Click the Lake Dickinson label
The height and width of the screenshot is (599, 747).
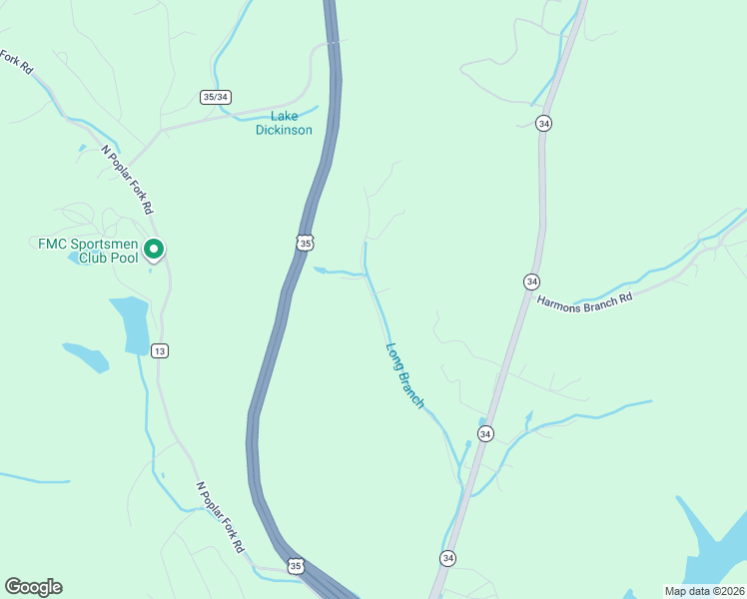pyautogui.click(x=284, y=123)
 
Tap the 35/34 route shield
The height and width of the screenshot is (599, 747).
pyautogui.click(x=216, y=97)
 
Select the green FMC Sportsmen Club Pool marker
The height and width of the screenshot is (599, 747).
pyautogui.click(x=154, y=250)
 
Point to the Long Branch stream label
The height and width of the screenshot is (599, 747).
pyautogui.click(x=405, y=376)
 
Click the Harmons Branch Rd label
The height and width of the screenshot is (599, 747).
pyautogui.click(x=585, y=298)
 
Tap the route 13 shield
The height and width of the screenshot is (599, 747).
pyautogui.click(x=160, y=350)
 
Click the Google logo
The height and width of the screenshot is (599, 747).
pyautogui.click(x=33, y=586)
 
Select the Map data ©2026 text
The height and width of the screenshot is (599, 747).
pyautogui.click(x=703, y=591)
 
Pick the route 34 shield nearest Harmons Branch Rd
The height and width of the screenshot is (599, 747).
pyautogui.click(x=531, y=282)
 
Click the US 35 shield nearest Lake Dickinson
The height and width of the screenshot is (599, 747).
pyautogui.click(x=305, y=243)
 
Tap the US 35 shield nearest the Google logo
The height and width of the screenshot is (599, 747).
pyautogui.click(x=296, y=566)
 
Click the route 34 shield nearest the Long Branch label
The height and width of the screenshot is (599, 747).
pyautogui.click(x=485, y=433)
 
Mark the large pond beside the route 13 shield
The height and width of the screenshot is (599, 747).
pyautogui.click(x=132, y=324)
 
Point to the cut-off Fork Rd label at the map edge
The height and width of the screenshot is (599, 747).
pyautogui.click(x=17, y=62)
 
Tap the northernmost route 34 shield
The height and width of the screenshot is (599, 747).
pyautogui.click(x=543, y=123)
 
